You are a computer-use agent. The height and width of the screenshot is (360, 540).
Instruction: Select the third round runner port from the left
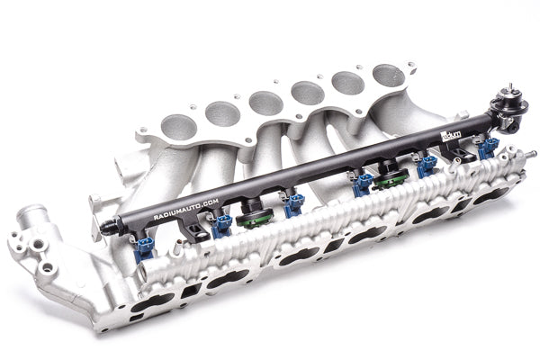(x=264, y=103)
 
